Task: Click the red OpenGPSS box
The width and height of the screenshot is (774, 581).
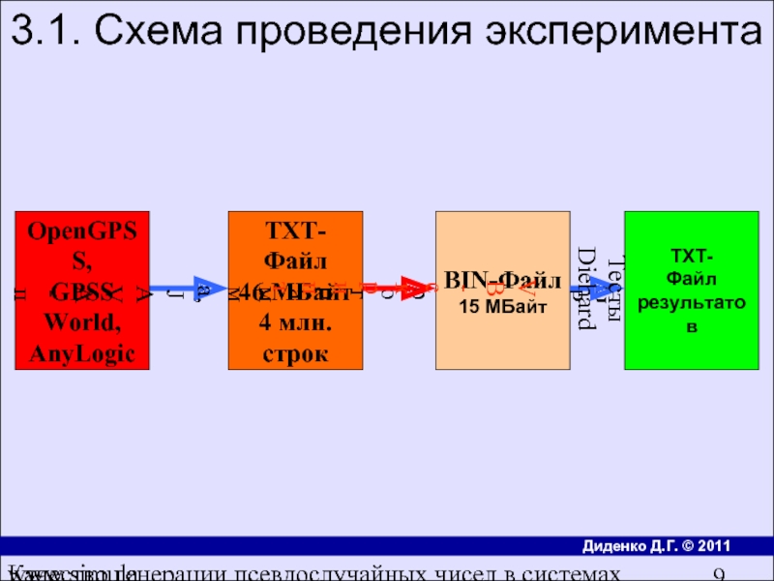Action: tap(82, 290)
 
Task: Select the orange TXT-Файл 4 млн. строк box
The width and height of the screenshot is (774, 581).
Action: tap(295, 290)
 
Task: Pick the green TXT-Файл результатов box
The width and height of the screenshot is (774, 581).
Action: tap(691, 290)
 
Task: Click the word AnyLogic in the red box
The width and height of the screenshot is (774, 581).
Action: tap(82, 354)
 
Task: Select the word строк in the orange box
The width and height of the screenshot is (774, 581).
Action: tap(295, 354)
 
